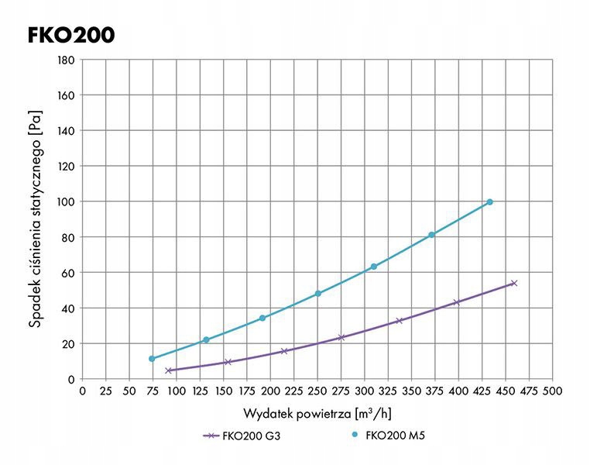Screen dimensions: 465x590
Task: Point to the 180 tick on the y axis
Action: pos(65,60)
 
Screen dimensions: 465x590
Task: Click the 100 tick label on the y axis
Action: pos(65,201)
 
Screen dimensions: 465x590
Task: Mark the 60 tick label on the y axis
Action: pos(68,273)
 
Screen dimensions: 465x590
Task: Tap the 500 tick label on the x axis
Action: pos(552,391)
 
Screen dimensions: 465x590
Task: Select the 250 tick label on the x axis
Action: pos(317,391)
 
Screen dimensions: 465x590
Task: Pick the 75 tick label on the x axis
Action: pos(153,391)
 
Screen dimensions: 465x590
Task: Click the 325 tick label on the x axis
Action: pos(388,391)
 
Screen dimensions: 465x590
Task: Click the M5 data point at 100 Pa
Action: pos(489,201)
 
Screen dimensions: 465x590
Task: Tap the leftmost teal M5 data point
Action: pos(152,359)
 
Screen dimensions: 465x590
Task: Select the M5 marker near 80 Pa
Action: pos(431,235)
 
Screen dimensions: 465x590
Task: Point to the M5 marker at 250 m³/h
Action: pos(317,294)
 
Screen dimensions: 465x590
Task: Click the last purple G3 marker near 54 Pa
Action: pos(513,283)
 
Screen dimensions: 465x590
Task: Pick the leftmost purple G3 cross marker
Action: pos(168,370)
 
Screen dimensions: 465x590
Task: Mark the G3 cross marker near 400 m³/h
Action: pos(457,302)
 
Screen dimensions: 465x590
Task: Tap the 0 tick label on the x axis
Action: pos(83,391)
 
